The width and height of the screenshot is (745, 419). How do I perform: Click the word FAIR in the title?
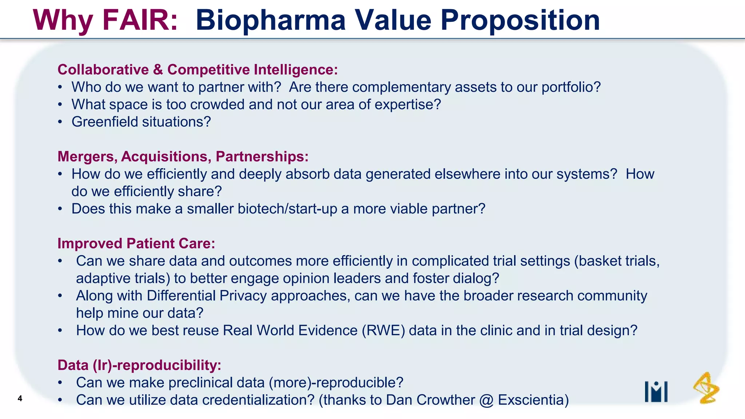(x=140, y=20)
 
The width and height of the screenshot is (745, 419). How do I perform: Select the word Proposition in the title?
(x=520, y=20)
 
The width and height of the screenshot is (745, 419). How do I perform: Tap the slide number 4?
(x=20, y=399)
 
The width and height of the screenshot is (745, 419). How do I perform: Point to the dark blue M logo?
(x=656, y=392)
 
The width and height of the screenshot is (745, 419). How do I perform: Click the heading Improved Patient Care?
(x=136, y=243)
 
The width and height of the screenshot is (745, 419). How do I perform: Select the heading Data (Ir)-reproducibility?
(x=139, y=365)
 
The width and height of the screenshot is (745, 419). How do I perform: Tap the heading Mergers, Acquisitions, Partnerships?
(x=183, y=156)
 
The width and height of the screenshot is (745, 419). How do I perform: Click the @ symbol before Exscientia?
(x=486, y=400)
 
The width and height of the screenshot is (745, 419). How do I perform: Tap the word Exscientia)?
(x=533, y=400)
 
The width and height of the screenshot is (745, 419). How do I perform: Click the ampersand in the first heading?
(x=158, y=70)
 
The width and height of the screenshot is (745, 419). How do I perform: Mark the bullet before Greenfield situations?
(x=60, y=122)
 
